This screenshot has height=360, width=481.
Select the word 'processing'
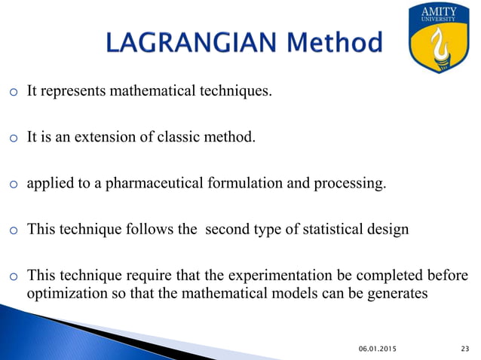pyautogui.click(x=353, y=184)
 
